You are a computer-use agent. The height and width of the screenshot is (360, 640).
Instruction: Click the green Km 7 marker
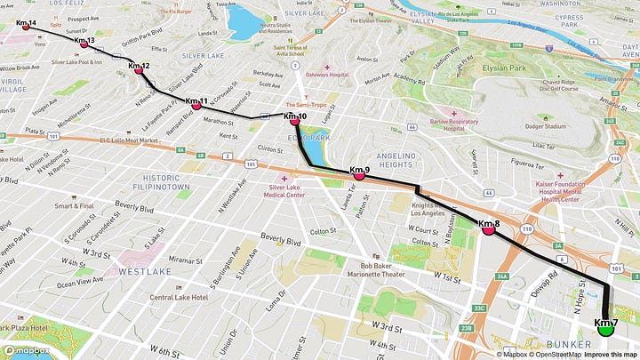coord(606,328)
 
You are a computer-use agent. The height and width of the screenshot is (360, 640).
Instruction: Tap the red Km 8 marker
coord(488,229)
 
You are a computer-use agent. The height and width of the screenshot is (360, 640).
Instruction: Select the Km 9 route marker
coord(359,175)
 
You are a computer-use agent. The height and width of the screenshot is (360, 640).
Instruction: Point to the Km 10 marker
coord(294,122)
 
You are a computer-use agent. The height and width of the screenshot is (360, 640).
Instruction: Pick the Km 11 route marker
coord(196,106)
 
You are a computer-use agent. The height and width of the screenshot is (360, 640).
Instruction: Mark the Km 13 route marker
coord(84,44)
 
